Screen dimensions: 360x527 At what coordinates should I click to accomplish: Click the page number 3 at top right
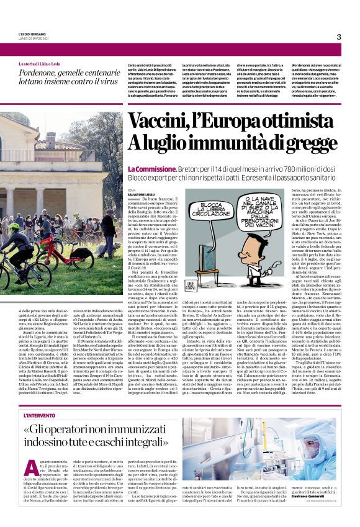339,37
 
